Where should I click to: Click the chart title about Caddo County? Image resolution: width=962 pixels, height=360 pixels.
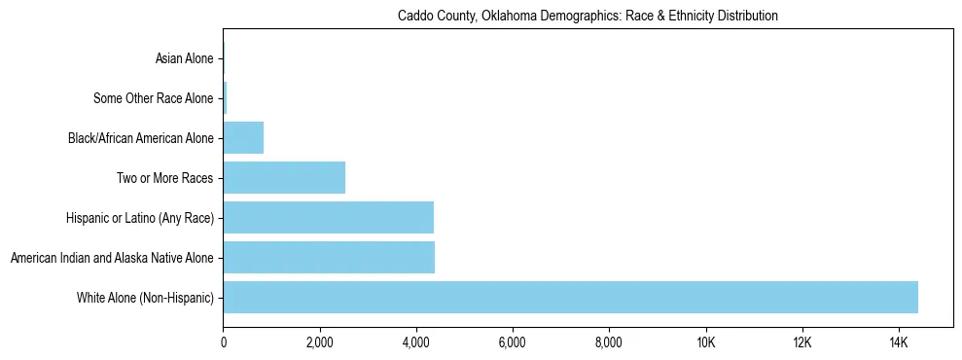click(x=588, y=17)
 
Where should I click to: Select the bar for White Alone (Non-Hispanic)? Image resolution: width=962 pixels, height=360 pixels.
click(x=570, y=297)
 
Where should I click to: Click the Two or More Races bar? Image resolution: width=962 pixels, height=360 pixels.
click(x=284, y=178)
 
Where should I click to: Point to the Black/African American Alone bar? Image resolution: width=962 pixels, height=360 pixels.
click(x=243, y=138)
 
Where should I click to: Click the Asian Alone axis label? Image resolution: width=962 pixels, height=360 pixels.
click(x=184, y=59)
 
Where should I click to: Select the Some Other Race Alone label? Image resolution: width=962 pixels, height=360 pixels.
click(x=153, y=98)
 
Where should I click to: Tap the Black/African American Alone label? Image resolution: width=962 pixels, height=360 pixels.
click(x=140, y=138)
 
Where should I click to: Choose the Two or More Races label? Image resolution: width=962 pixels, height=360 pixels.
click(x=164, y=178)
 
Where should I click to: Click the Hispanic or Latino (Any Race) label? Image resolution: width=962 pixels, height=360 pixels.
click(x=135, y=218)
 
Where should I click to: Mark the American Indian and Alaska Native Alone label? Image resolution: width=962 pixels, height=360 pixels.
click(x=111, y=258)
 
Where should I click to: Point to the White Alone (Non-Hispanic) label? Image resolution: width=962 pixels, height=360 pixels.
click(x=145, y=297)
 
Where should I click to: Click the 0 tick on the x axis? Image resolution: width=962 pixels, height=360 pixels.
click(x=224, y=343)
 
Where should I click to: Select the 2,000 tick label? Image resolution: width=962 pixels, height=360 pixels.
click(x=319, y=343)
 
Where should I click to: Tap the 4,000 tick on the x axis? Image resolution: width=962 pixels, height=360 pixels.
click(x=415, y=343)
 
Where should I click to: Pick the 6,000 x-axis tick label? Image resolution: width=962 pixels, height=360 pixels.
click(x=512, y=343)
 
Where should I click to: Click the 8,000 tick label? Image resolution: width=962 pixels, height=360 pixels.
click(x=608, y=343)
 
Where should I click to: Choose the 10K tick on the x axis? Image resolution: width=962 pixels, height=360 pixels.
click(x=705, y=343)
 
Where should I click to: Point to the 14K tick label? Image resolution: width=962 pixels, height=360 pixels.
click(x=898, y=343)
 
